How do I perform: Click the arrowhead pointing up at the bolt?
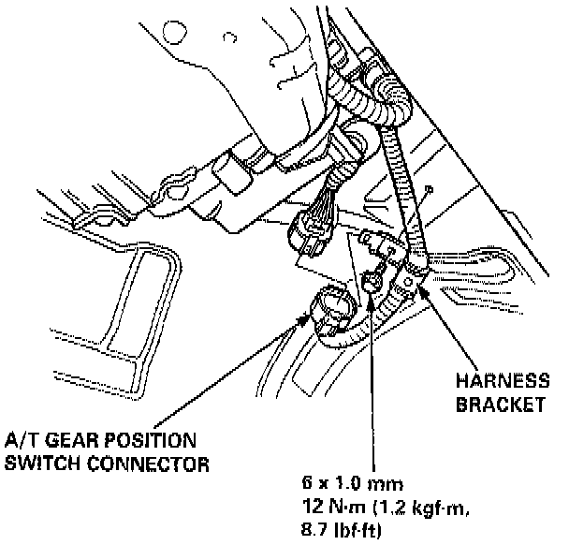372,298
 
